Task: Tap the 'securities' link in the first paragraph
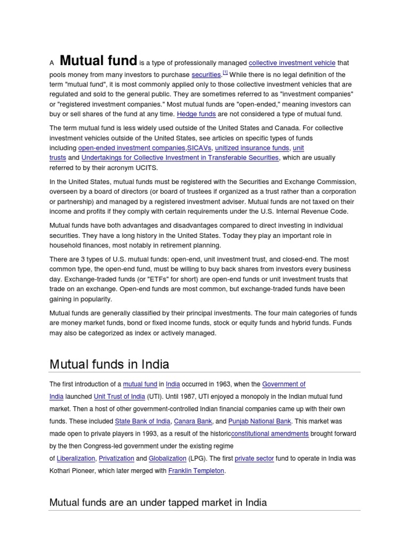pos(206,75)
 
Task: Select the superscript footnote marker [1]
pos(225,72)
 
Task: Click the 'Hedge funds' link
pos(196,114)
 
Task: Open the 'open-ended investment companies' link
pos(132,148)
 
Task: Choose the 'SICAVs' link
pos(199,148)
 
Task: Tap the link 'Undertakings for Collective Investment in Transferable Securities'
pos(180,158)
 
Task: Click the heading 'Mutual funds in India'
pos(109,364)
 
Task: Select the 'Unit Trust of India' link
pos(119,397)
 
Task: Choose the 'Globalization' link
pos(167,459)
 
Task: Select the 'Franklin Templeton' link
pos(196,471)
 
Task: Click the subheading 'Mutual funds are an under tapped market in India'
pos(158,502)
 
